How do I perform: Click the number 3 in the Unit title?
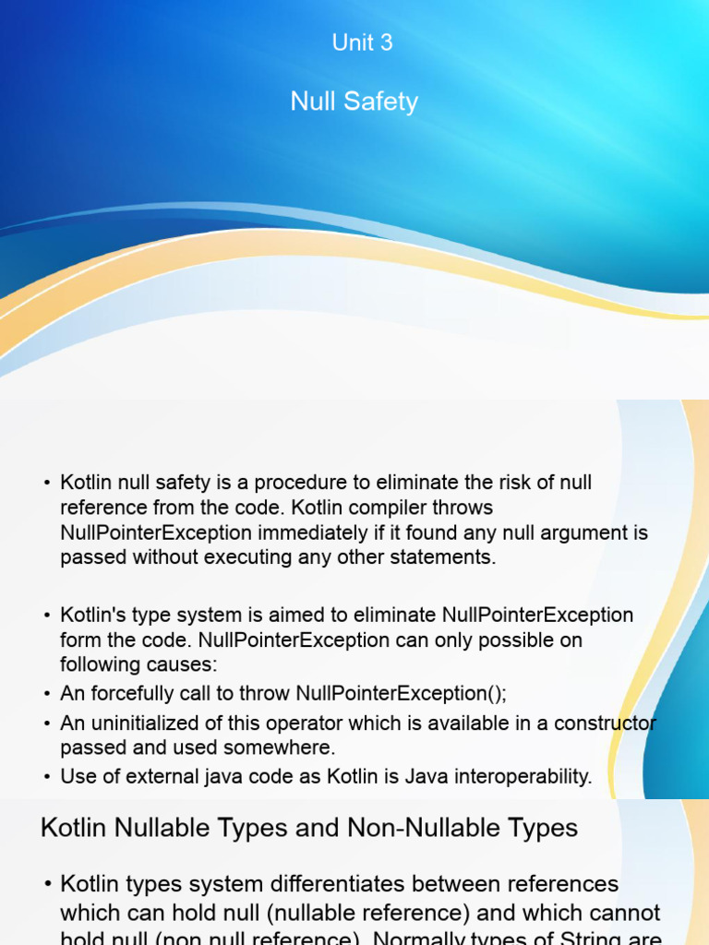click(386, 42)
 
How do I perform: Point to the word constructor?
click(604, 723)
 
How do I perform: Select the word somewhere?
click(293, 748)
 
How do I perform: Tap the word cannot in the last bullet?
click(619, 913)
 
